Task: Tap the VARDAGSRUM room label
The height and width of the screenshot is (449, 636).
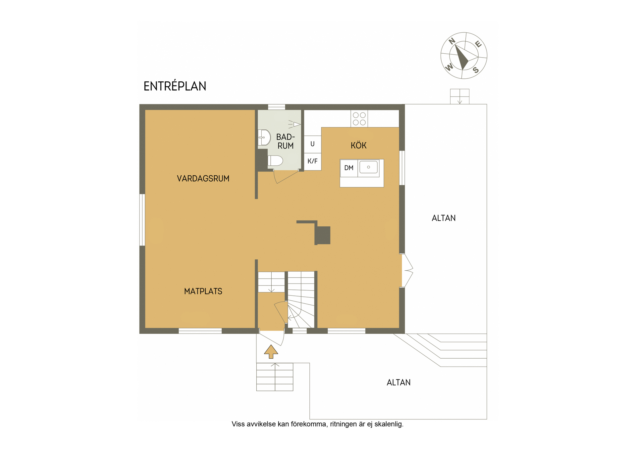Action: click(203, 179)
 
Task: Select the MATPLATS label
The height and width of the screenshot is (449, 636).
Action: click(203, 291)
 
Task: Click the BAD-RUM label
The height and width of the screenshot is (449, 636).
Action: click(286, 141)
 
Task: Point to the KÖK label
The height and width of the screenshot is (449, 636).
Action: click(359, 145)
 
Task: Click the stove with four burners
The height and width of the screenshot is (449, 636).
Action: click(359, 118)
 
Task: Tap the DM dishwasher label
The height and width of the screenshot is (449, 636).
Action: click(349, 168)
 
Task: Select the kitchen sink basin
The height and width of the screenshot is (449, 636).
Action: click(368, 167)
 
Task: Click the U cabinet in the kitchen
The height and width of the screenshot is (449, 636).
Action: click(312, 144)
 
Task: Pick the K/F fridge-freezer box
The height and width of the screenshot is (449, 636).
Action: click(312, 161)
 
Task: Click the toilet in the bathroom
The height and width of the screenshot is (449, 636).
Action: click(275, 161)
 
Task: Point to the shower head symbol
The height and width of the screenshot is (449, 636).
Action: click(294, 124)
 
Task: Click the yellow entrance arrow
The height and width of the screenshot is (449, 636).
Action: click(271, 351)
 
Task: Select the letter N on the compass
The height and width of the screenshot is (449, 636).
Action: click(452, 41)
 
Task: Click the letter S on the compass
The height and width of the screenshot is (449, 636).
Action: click(476, 70)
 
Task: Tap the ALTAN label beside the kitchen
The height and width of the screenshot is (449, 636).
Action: click(444, 218)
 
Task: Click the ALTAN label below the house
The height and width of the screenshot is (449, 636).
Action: click(398, 382)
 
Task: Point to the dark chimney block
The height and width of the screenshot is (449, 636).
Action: click(323, 235)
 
